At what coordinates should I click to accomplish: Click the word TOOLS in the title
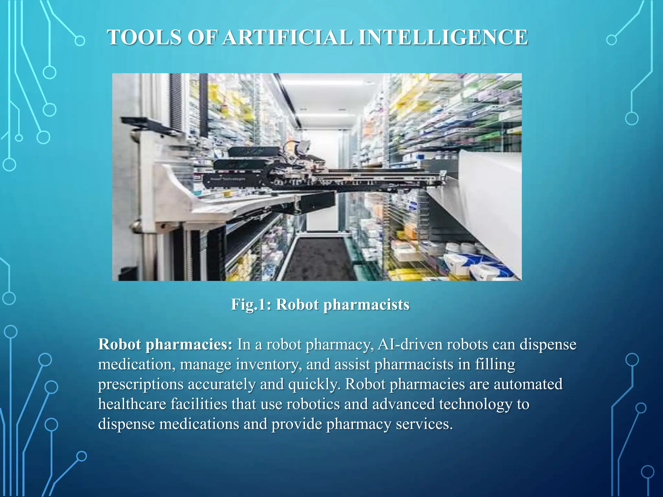point(145,37)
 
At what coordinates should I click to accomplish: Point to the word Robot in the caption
point(297,304)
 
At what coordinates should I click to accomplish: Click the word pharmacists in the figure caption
point(366,304)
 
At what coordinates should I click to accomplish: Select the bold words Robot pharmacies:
point(165,344)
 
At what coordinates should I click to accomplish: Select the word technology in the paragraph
point(475,404)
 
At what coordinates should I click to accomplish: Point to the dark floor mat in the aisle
point(319,259)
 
